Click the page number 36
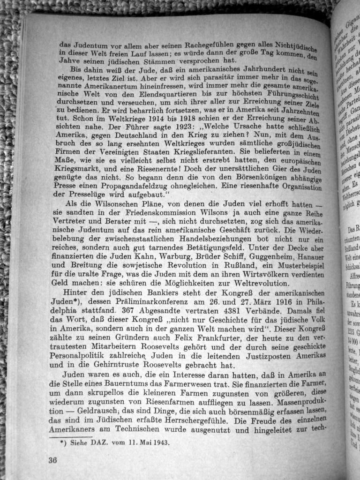[52, 460]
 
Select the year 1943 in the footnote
[157, 442]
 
